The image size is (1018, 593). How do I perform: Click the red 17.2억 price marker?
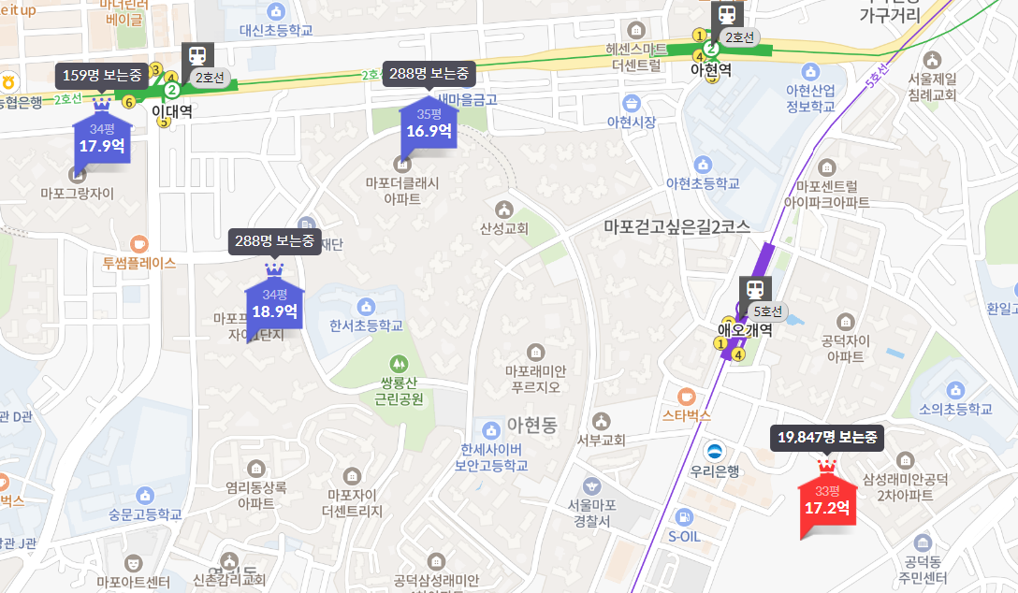click(x=826, y=506)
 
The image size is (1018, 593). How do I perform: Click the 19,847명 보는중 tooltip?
click(x=826, y=437)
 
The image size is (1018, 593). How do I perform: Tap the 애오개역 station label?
click(x=744, y=329)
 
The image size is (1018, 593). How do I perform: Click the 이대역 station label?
click(x=171, y=110)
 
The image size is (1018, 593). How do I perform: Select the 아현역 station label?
click(x=710, y=69)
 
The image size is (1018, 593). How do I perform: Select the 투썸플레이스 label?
click(x=139, y=263)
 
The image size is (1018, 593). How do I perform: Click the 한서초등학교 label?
click(x=366, y=325)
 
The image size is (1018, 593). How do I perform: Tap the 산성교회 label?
click(x=504, y=228)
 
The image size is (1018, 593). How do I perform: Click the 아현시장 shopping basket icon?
click(x=631, y=103)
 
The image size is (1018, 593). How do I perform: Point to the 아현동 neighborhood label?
click(x=531, y=426)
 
